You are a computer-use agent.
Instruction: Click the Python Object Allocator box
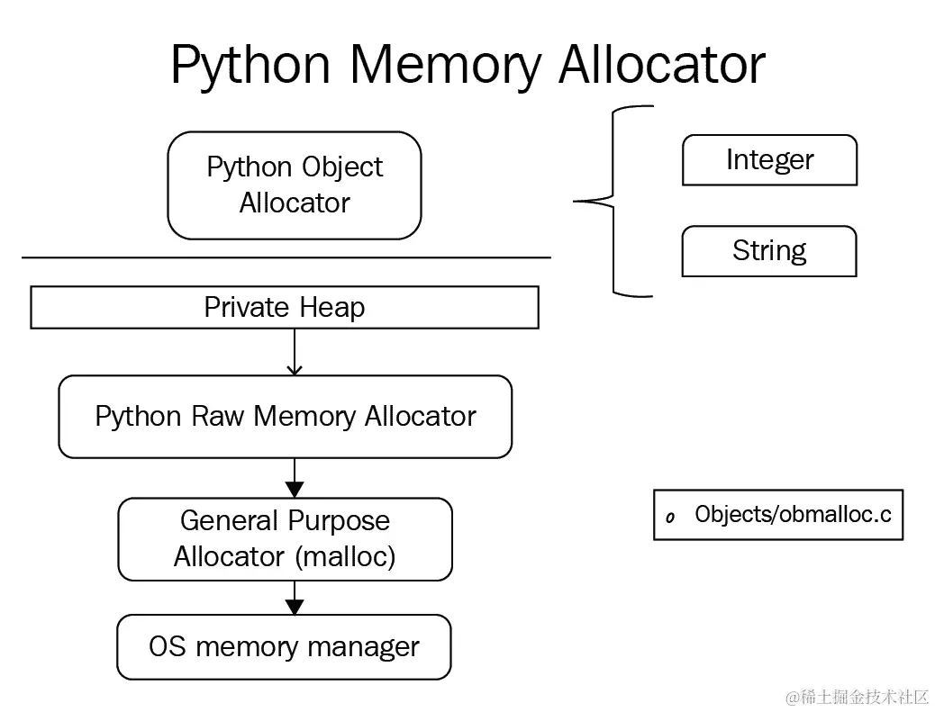click(x=295, y=185)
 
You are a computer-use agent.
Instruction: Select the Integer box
click(x=769, y=159)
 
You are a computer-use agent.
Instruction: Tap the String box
click(x=769, y=251)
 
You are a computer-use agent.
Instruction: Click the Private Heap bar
click(x=285, y=308)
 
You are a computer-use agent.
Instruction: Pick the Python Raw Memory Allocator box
click(x=285, y=417)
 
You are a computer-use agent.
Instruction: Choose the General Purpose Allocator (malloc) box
click(x=285, y=539)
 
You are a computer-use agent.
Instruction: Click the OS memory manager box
click(x=284, y=647)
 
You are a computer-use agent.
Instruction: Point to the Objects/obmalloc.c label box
click(x=778, y=515)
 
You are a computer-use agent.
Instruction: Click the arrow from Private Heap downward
click(x=295, y=352)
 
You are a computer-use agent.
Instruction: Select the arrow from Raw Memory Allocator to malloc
click(x=295, y=478)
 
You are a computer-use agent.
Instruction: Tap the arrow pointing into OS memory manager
click(x=295, y=598)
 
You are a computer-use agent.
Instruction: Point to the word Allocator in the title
click(x=662, y=63)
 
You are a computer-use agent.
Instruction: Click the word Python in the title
click(x=250, y=66)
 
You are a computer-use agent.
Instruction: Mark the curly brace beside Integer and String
click(x=613, y=202)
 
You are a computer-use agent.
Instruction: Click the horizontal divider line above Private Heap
click(x=286, y=257)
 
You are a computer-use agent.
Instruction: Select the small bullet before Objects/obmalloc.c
click(x=670, y=518)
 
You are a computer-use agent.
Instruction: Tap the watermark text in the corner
click(x=858, y=697)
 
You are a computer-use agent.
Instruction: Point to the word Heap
click(x=332, y=308)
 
